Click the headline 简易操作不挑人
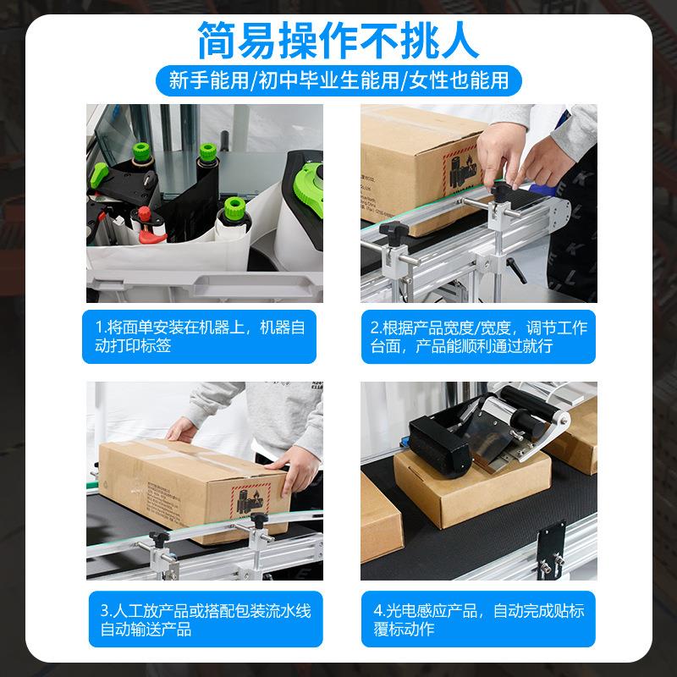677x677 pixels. tap(338, 38)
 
